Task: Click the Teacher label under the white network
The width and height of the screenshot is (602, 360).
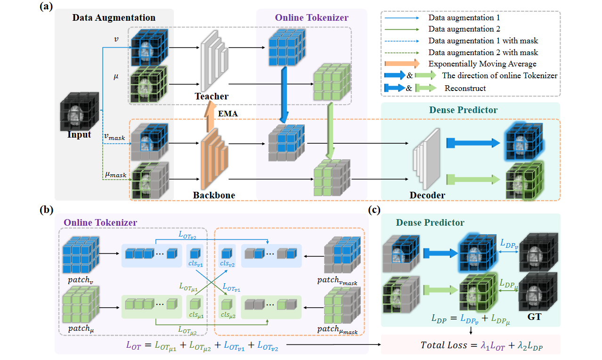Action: [212, 96]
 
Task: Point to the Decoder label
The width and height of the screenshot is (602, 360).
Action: [428, 195]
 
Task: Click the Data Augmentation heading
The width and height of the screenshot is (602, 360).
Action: [114, 18]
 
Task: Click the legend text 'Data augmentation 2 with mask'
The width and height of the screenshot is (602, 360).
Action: [483, 52]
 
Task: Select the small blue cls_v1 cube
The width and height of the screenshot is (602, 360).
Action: [195, 253]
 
